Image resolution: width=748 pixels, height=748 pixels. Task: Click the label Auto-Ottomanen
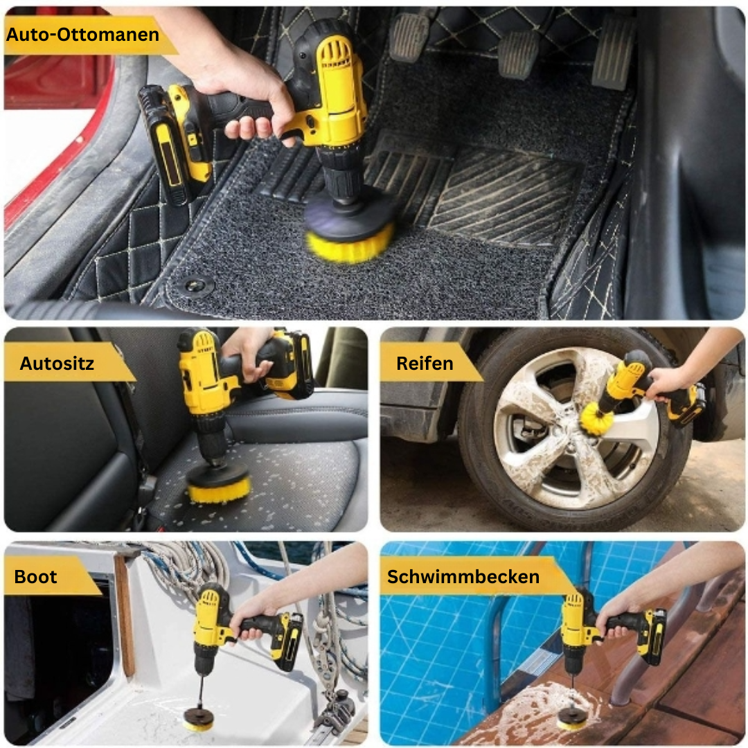83,35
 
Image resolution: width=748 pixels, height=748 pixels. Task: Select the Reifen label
425,363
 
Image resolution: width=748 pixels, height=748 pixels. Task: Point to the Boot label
36,576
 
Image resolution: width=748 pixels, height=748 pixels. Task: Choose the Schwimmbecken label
463,576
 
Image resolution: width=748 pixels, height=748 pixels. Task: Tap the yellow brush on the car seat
219,489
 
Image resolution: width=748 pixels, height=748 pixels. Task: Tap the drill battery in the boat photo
287,641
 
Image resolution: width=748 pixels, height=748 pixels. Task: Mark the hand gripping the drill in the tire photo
665,381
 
